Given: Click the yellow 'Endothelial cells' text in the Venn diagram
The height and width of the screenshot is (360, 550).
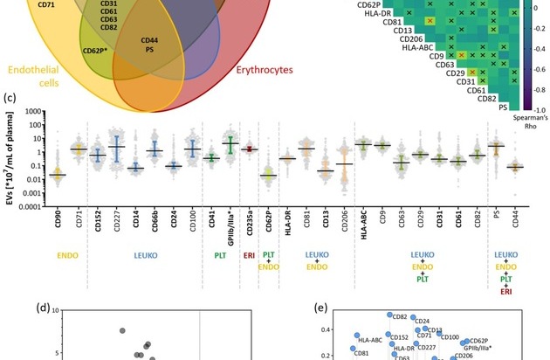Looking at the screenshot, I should pyautogui.click(x=34, y=74).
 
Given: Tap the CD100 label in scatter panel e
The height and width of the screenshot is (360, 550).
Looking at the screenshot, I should pyautogui.click(x=450, y=336).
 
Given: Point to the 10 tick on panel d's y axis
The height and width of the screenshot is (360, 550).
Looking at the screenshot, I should pyautogui.click(x=54, y=311).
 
